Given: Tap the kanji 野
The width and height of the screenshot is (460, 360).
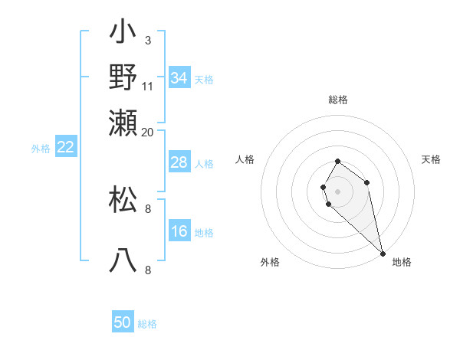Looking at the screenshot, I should click(x=123, y=77).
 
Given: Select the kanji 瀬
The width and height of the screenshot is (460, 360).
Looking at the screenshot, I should click(x=123, y=121).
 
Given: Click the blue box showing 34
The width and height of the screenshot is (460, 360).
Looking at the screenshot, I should click(x=179, y=78).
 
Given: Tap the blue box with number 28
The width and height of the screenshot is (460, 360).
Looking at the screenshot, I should click(x=179, y=162).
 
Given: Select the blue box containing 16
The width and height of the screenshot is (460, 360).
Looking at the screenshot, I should click(x=179, y=232).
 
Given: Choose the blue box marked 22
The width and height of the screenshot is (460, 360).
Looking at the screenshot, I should click(x=65, y=148).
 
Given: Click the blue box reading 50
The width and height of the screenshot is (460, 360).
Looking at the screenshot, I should click(x=123, y=322).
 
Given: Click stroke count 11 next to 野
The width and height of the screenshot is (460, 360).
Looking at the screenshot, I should click(x=148, y=85).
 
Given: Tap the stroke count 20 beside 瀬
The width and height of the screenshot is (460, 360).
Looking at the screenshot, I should click(x=148, y=131).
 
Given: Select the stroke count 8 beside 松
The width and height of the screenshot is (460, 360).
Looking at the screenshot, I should click(x=147, y=208).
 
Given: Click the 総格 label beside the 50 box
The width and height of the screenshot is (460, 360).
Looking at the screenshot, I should click(x=147, y=324).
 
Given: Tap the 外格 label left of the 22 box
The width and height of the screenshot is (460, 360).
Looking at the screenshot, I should click(x=40, y=149).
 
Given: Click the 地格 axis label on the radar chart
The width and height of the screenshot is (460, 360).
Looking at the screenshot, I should click(x=402, y=262).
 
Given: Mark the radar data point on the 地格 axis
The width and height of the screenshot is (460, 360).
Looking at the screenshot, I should click(x=383, y=253).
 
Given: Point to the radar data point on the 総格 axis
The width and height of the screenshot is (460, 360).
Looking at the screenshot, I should click(x=338, y=162).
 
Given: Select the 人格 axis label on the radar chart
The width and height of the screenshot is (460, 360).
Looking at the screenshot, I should click(x=245, y=159).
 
